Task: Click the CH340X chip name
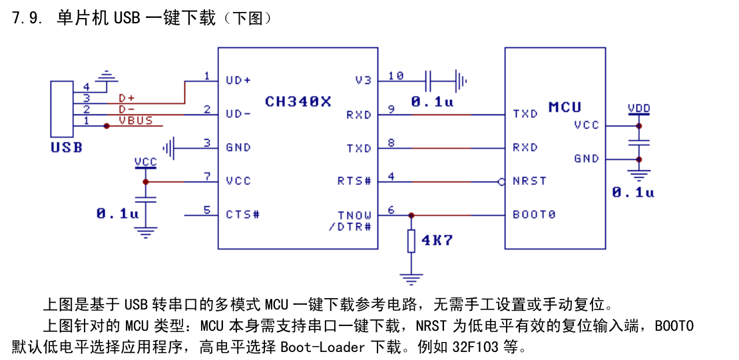(298, 101)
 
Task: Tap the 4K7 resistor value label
(437, 241)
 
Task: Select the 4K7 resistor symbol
(411, 242)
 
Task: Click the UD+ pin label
(238, 81)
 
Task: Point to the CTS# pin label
(243, 215)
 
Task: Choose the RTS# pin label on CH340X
(354, 181)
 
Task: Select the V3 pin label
(364, 81)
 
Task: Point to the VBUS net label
(136, 120)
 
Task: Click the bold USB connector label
(67, 148)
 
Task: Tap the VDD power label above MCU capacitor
(638, 109)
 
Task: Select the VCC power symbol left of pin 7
(145, 162)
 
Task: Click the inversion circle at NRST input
(501, 182)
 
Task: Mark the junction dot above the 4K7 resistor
(411, 216)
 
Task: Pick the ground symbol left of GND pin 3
(168, 148)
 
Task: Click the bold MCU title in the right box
(565, 107)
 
